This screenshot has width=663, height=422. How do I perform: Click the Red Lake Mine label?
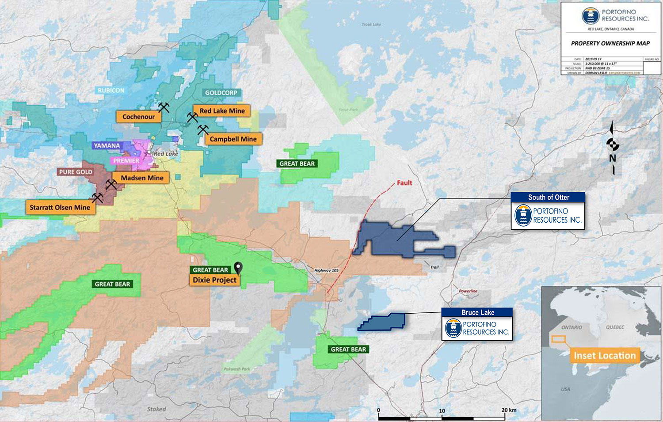[222, 111]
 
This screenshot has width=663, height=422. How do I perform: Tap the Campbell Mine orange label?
[233, 139]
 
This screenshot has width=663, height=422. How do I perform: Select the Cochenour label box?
[138, 117]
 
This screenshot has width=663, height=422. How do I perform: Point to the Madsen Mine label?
[142, 178]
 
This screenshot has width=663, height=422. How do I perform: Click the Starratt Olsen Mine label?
[60, 207]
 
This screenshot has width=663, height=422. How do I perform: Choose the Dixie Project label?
[214, 280]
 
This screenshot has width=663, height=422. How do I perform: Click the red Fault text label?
[404, 182]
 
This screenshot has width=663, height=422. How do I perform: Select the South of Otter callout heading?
[548, 198]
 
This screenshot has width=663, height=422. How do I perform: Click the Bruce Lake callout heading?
[477, 312]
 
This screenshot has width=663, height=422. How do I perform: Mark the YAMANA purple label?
[107, 145]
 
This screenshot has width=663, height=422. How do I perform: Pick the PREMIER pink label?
[126, 161]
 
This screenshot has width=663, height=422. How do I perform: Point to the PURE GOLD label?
[76, 172]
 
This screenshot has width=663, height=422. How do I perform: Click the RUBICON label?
[111, 90]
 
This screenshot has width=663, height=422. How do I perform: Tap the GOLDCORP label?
[221, 93]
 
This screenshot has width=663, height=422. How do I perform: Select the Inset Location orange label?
[604, 356]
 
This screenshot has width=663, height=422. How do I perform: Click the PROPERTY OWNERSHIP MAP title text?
[610, 43]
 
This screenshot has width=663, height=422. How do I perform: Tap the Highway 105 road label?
[326, 270]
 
